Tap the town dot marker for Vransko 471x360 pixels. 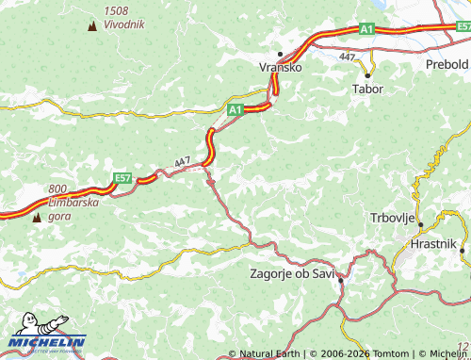[280, 54]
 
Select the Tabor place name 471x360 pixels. [366, 89]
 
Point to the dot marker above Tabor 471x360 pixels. [367, 74]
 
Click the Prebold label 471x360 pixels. [447, 64]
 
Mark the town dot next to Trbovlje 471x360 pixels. [420, 224]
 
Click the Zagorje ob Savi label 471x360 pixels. [292, 274]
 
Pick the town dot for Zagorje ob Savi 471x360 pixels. [340, 281]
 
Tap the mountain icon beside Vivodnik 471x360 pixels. [91, 25]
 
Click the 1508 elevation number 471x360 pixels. [118, 10]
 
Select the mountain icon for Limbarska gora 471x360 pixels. [37, 218]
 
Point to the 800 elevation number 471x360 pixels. [58, 188]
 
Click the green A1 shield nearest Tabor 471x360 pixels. [366, 30]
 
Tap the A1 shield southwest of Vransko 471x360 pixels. [235, 110]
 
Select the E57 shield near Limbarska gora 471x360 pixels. [122, 177]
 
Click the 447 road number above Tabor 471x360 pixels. [348, 57]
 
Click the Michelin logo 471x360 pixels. [47, 342]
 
